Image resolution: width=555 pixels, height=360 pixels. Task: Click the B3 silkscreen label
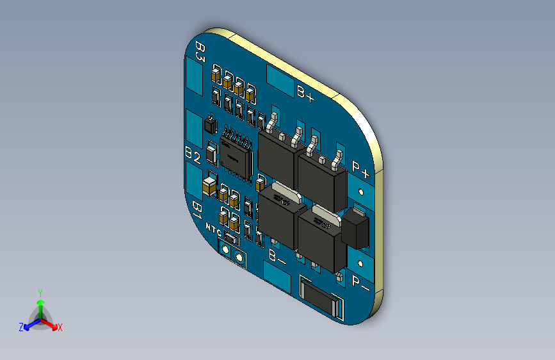(200, 51)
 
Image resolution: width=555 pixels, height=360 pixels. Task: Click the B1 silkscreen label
(198, 209)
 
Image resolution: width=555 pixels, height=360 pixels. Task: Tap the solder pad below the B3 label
(195, 78)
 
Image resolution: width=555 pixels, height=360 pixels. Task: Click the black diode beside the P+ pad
(356, 229)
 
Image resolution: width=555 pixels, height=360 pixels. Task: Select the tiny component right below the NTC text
(230, 240)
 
